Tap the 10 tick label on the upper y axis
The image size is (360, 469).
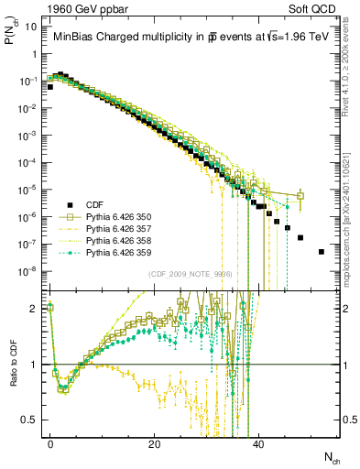tap(30, 27)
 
